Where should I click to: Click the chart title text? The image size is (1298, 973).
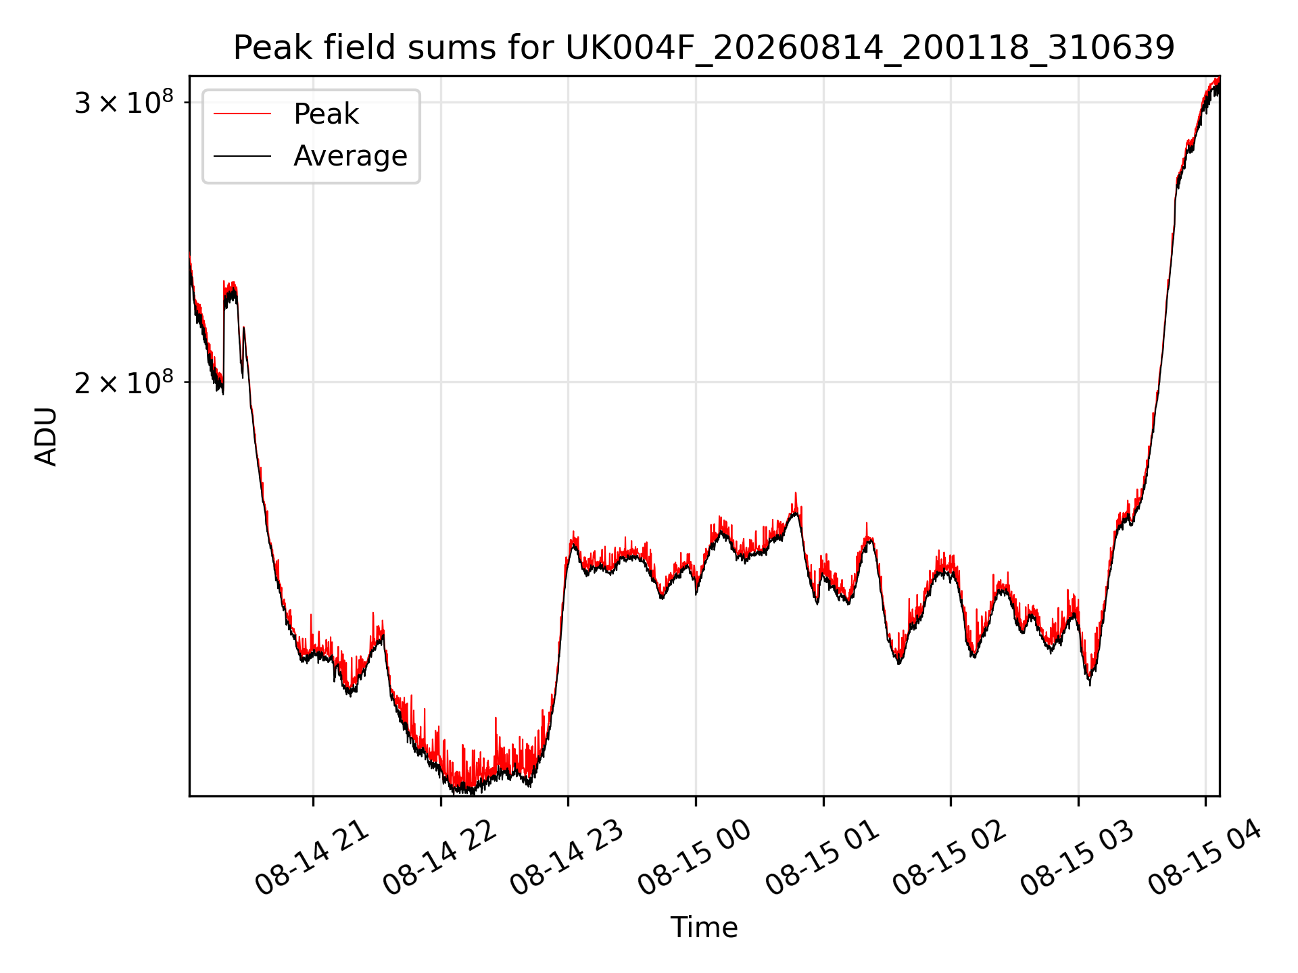704,48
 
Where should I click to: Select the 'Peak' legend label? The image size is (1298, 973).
326,114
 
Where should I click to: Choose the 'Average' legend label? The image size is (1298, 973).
350,156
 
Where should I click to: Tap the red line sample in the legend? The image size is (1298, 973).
242,114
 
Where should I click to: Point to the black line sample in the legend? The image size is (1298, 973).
242,156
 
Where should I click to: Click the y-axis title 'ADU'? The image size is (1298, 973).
46,436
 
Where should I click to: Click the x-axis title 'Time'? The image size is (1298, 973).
704,927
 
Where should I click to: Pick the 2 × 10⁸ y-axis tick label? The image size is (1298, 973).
124,382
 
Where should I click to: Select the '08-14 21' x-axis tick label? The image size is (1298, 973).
312,857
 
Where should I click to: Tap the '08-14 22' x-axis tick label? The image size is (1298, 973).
439,857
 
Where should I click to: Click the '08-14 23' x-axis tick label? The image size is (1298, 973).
567,857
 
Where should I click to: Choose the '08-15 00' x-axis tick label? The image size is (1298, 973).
694,857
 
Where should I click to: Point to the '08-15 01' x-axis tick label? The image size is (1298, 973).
822,857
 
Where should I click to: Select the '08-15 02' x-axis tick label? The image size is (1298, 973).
949,857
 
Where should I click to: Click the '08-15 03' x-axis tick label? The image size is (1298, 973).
1077,857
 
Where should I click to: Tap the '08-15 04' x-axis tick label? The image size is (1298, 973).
1205,857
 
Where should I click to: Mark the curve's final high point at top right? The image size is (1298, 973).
1218,80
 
